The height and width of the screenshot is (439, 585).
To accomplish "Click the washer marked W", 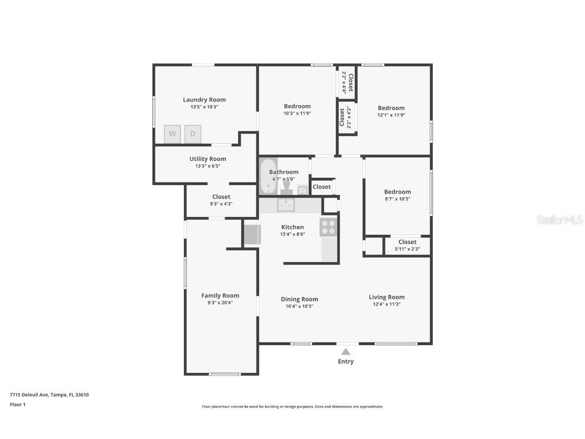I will click(x=172, y=134).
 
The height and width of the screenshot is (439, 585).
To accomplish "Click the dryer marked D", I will click(x=193, y=134).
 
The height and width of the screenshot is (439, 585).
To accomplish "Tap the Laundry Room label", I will click(x=204, y=100).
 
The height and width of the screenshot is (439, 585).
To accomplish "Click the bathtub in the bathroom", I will click(x=268, y=176).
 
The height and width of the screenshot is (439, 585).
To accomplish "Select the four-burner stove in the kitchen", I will click(x=329, y=227).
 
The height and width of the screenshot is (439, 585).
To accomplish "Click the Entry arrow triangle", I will click(x=346, y=351).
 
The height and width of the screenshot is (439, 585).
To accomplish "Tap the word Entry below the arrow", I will click(x=346, y=361).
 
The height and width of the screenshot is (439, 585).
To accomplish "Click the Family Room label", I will click(x=220, y=295).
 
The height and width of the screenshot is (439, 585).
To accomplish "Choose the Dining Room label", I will click(x=299, y=299).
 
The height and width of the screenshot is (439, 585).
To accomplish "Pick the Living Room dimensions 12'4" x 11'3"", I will click(x=386, y=304).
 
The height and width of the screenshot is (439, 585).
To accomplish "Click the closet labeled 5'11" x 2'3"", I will click(x=407, y=245).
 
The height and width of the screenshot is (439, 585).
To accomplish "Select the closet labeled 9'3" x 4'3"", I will click(x=221, y=200).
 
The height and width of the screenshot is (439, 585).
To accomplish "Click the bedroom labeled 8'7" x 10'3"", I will click(x=397, y=195).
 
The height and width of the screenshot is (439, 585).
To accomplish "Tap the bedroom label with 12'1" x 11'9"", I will click(x=391, y=108).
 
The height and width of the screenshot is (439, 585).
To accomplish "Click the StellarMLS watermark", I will click(x=559, y=220).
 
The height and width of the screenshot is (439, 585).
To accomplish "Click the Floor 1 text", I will click(x=17, y=404).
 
